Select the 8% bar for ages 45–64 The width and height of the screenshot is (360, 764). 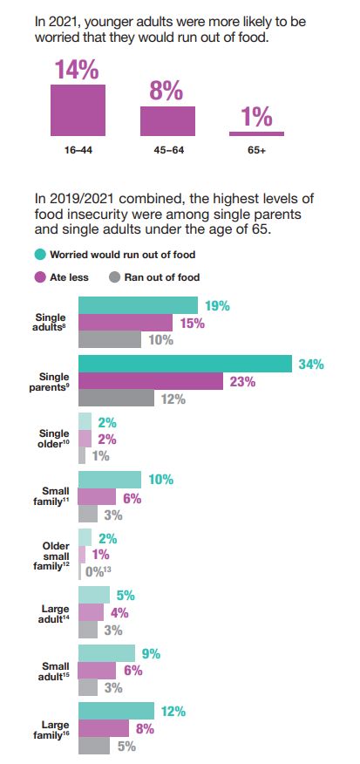pos(167,121)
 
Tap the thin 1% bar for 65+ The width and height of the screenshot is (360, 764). pos(256,133)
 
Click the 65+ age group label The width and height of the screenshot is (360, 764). pos(256,150)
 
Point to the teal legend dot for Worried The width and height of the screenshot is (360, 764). pos(39,255)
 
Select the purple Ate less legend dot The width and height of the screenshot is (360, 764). pos(39,277)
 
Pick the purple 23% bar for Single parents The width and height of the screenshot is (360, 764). pos(139,381)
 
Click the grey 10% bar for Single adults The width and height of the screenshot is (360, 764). pos(110,340)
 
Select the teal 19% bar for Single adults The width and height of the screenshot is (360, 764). pos(138,305)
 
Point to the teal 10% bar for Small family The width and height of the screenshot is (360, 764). pos(110,480)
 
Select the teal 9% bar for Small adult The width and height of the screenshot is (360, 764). pos(106,653)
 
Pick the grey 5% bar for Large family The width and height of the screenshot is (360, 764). pos(94,746)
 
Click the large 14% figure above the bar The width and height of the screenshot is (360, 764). pos(77,70)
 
